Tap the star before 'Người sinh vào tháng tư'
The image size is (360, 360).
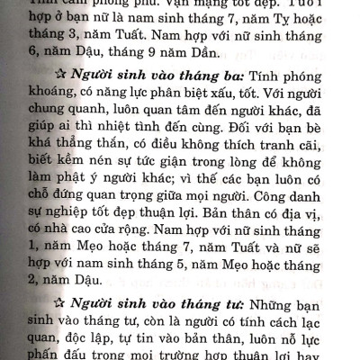click(58, 301)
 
